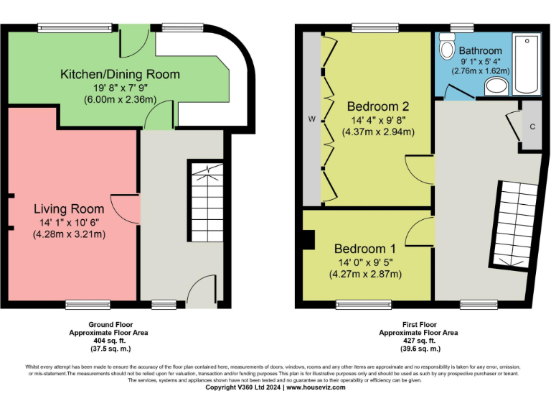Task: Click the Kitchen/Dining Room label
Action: (120, 74)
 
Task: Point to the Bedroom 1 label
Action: (364, 249)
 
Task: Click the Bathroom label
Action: (480, 51)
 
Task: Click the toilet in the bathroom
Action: (448, 48)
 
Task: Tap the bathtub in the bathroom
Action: (527, 65)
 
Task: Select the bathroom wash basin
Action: (496, 87)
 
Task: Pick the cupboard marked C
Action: (532, 126)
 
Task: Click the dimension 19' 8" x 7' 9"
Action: (120, 87)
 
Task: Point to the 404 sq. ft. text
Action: (110, 341)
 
